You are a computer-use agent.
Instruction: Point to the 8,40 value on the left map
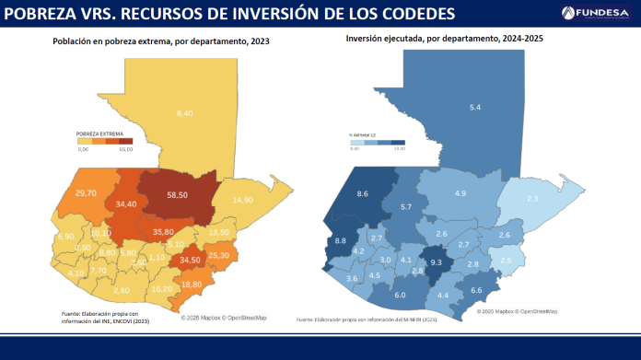184,112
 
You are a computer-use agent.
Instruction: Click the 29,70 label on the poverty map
86,192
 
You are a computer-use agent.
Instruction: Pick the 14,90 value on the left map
243,200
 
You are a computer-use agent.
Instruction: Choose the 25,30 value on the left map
219,254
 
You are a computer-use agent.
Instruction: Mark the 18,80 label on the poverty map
191,285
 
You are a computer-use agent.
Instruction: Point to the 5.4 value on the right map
475,108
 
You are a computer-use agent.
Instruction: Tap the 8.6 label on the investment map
363,193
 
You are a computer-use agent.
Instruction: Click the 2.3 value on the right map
532,199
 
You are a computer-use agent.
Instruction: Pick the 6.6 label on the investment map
476,290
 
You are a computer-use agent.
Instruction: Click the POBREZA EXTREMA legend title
99,134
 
